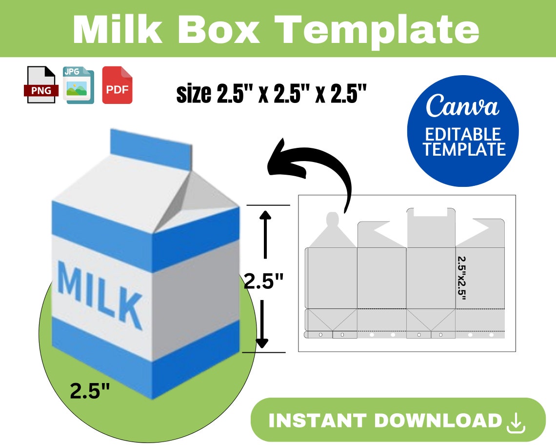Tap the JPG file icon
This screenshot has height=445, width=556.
(x=78, y=85)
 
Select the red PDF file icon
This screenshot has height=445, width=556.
(x=117, y=85)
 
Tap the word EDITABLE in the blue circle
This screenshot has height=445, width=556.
(x=463, y=134)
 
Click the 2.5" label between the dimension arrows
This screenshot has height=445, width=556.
(x=263, y=282)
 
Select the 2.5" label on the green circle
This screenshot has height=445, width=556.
(x=90, y=391)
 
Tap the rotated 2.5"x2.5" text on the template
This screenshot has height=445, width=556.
(x=462, y=279)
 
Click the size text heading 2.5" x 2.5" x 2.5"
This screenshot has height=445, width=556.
(x=271, y=94)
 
